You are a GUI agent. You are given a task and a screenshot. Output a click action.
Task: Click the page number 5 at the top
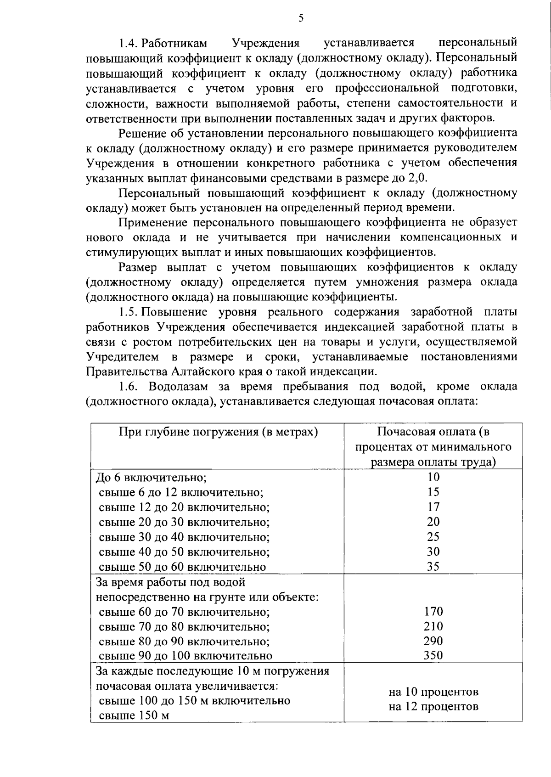click(301, 18)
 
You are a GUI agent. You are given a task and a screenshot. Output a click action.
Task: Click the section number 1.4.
click(128, 44)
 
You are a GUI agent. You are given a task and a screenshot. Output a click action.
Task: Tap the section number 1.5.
click(128, 313)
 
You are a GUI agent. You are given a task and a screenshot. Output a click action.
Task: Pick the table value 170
click(433, 611)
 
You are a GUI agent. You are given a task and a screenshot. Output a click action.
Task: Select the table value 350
click(433, 655)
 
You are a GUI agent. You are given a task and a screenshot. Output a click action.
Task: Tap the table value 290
click(433, 641)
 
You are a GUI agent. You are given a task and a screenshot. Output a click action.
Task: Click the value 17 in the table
click(433, 507)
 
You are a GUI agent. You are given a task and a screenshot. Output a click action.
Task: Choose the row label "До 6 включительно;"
click(151, 478)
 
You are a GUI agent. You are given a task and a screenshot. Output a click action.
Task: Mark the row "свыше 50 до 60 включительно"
click(182, 567)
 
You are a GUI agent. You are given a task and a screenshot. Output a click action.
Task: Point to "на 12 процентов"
click(433, 707)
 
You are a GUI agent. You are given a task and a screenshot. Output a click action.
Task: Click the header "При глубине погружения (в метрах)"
click(219, 432)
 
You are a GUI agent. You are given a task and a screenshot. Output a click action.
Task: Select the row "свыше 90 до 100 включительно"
click(186, 656)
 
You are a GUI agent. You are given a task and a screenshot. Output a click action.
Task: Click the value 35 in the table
click(433, 567)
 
